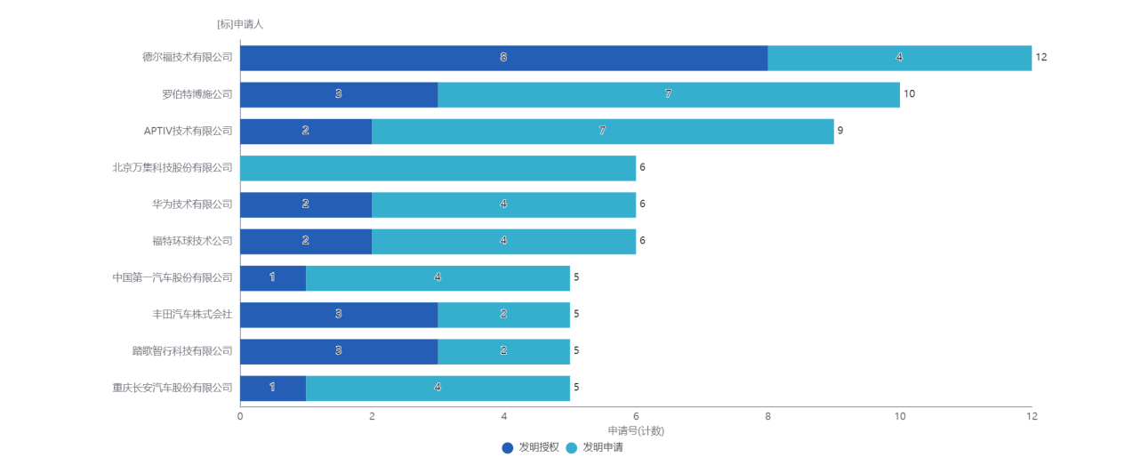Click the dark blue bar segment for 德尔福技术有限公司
coord(503,58)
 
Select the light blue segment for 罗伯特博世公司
coord(668,95)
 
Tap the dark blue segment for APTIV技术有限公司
coord(305,132)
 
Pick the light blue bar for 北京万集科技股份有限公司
coord(438,168)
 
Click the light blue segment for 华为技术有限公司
coord(503,204)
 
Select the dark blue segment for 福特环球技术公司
coord(305,241)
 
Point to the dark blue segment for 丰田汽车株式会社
coord(338,315)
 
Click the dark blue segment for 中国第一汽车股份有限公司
coord(272,278)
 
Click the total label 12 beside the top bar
coord(1041,57)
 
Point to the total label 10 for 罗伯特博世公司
coord(909,94)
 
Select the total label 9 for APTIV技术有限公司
coord(840,131)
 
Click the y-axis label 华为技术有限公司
coord(191,204)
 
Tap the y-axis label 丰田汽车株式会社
coord(191,315)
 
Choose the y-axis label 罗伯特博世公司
coord(197,94)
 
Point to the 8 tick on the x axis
coord(767,417)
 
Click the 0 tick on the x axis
coord(240,417)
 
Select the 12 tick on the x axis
coord(1031,417)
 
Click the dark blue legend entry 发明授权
coord(531,447)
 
